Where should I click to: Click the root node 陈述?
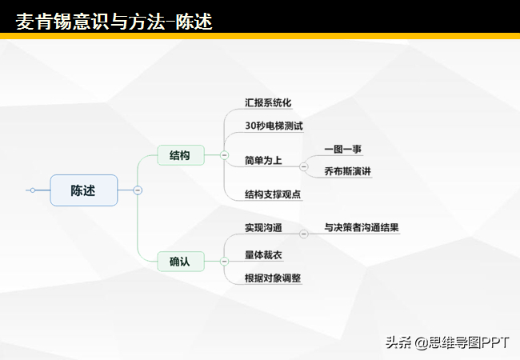coord(84,190)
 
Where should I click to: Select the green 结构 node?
coord(181,155)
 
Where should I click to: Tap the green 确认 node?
coord(181,262)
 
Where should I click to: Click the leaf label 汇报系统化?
coord(268,102)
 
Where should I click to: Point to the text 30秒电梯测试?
coord(274,126)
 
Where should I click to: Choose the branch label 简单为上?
coord(263,161)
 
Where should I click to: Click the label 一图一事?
coord(343,149)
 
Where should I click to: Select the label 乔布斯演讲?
coord(347,171)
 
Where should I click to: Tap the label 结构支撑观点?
coord(273,194)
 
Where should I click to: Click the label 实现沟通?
coord(263,228)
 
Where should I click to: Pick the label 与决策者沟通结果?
coord(362,228)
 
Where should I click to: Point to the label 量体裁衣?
coord(263,255)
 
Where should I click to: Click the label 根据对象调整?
coord(273,278)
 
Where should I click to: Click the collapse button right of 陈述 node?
coord(138,190)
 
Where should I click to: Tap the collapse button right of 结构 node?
coord(224,155)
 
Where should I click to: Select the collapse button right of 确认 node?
coord(224,262)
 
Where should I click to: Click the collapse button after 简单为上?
coord(303,166)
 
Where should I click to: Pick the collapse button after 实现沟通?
coord(303,234)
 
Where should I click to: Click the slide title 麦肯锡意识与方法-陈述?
coord(114,22)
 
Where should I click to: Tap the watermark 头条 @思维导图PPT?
coord(447,342)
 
